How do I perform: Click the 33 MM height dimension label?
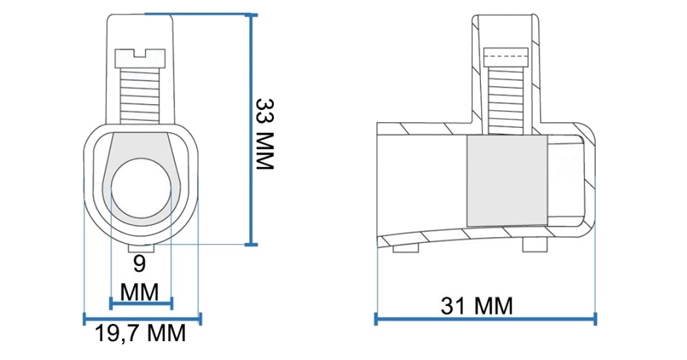point(265,134)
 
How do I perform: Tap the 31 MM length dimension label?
point(477,306)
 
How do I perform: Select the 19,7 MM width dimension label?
point(140,334)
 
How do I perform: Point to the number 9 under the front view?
point(139,264)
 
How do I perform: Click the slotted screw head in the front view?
point(140,59)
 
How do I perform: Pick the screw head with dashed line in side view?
point(505,57)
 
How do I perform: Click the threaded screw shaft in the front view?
point(140,95)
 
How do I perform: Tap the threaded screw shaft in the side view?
point(506,100)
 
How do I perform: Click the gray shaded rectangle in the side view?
point(507,181)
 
